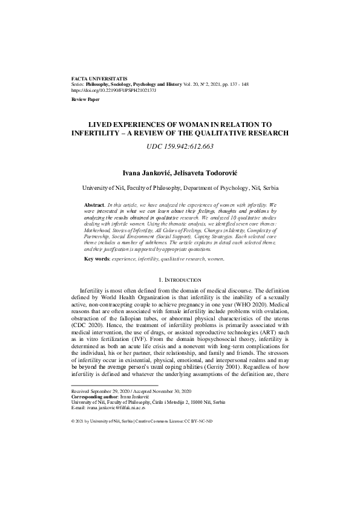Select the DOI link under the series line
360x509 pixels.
(114, 90)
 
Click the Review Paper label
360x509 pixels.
(85, 98)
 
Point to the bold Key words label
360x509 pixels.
(97, 258)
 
